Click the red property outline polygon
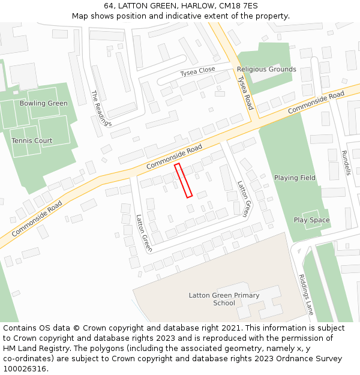pyautogui.click(x=183, y=180)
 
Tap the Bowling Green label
pyautogui.click(x=44, y=103)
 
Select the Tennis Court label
pyautogui.click(x=32, y=140)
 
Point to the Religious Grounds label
pyautogui.click(x=266, y=69)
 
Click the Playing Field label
pyautogui.click(x=295, y=178)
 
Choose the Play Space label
pyautogui.click(x=311, y=220)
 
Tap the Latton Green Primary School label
pyautogui.click(x=224, y=299)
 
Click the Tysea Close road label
pyautogui.click(x=197, y=71)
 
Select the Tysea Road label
pyautogui.click(x=245, y=92)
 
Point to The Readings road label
pyautogui.click(x=101, y=108)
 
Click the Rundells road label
pyautogui.click(x=346, y=162)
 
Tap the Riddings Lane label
pyautogui.click(x=306, y=295)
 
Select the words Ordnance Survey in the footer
pyautogui.click(x=312, y=359)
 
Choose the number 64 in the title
pyautogui.click(x=108, y=5)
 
